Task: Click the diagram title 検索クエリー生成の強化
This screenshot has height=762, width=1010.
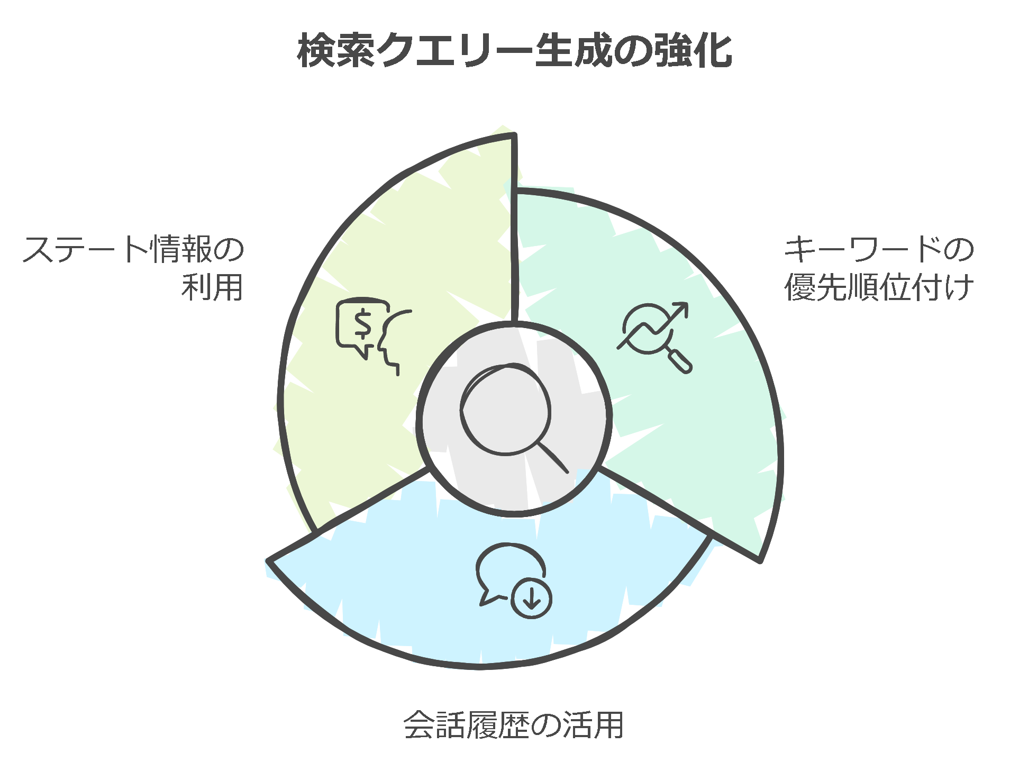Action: tap(514, 51)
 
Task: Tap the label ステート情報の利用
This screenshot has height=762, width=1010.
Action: tap(133, 268)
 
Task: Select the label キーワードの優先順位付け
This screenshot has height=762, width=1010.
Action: tap(878, 268)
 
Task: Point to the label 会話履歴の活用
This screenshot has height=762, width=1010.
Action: tap(513, 725)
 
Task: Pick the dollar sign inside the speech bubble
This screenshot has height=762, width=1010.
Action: tap(363, 324)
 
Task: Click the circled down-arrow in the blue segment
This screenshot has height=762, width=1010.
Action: tap(531, 598)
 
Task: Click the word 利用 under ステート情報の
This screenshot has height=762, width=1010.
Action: tap(212, 287)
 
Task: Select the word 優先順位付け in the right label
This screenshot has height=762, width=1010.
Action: tap(878, 287)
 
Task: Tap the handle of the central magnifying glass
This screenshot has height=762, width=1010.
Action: tap(553, 457)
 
